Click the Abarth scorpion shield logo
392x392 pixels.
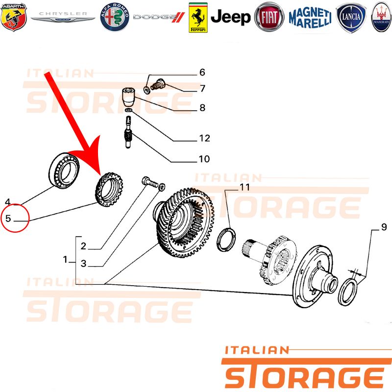point(14,17)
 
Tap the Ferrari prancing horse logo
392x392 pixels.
point(198,18)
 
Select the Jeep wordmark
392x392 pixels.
point(230,17)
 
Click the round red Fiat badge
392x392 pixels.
point(269,17)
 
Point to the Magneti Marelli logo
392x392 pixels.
point(310,18)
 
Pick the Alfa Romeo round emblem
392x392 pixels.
point(115,17)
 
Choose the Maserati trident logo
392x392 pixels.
point(381,17)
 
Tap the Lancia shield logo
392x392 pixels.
point(351,18)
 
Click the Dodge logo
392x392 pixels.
point(159,17)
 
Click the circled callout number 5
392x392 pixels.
point(8,218)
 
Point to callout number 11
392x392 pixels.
point(245,187)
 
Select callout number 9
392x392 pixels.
point(384,227)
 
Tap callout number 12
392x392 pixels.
point(204,138)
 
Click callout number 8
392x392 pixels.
point(202,108)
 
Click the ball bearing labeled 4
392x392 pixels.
point(64,170)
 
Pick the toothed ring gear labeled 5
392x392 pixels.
point(109,189)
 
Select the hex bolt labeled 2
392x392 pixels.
point(150,182)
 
